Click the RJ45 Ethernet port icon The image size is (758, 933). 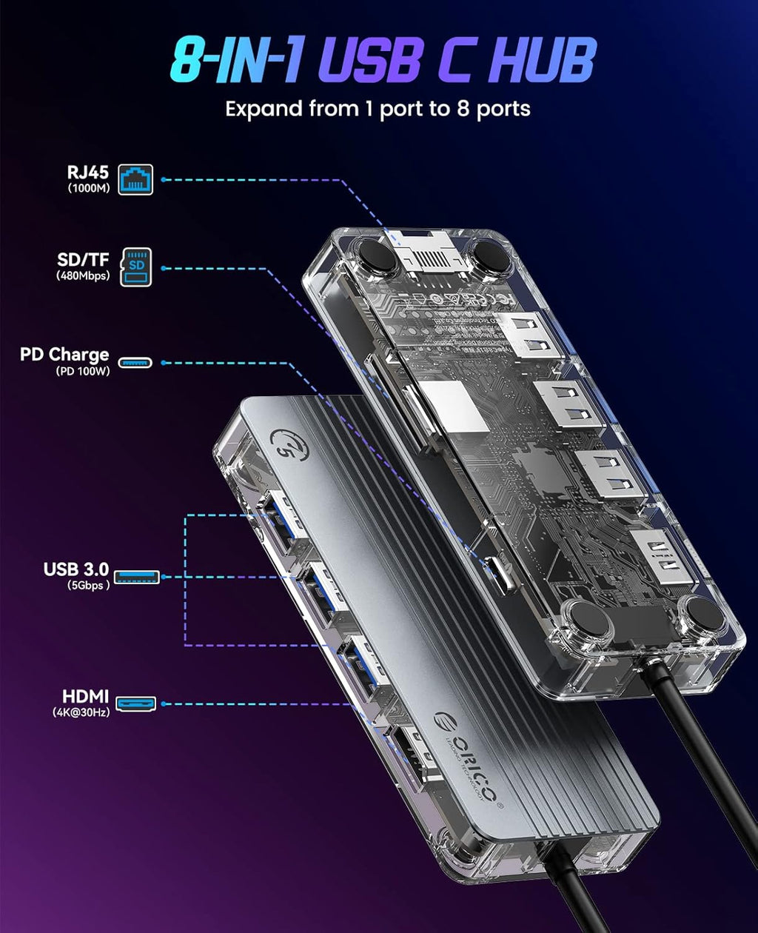(x=135, y=179)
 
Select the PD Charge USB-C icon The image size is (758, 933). (x=135, y=363)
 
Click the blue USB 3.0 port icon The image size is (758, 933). (x=137, y=576)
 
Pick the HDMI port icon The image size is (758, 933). (x=136, y=704)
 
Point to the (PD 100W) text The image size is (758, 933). (x=83, y=372)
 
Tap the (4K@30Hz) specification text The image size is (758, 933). (x=81, y=714)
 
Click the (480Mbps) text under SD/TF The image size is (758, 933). (x=82, y=276)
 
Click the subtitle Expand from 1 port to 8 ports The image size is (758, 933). (x=378, y=109)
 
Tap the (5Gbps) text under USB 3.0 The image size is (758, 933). (x=87, y=584)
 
